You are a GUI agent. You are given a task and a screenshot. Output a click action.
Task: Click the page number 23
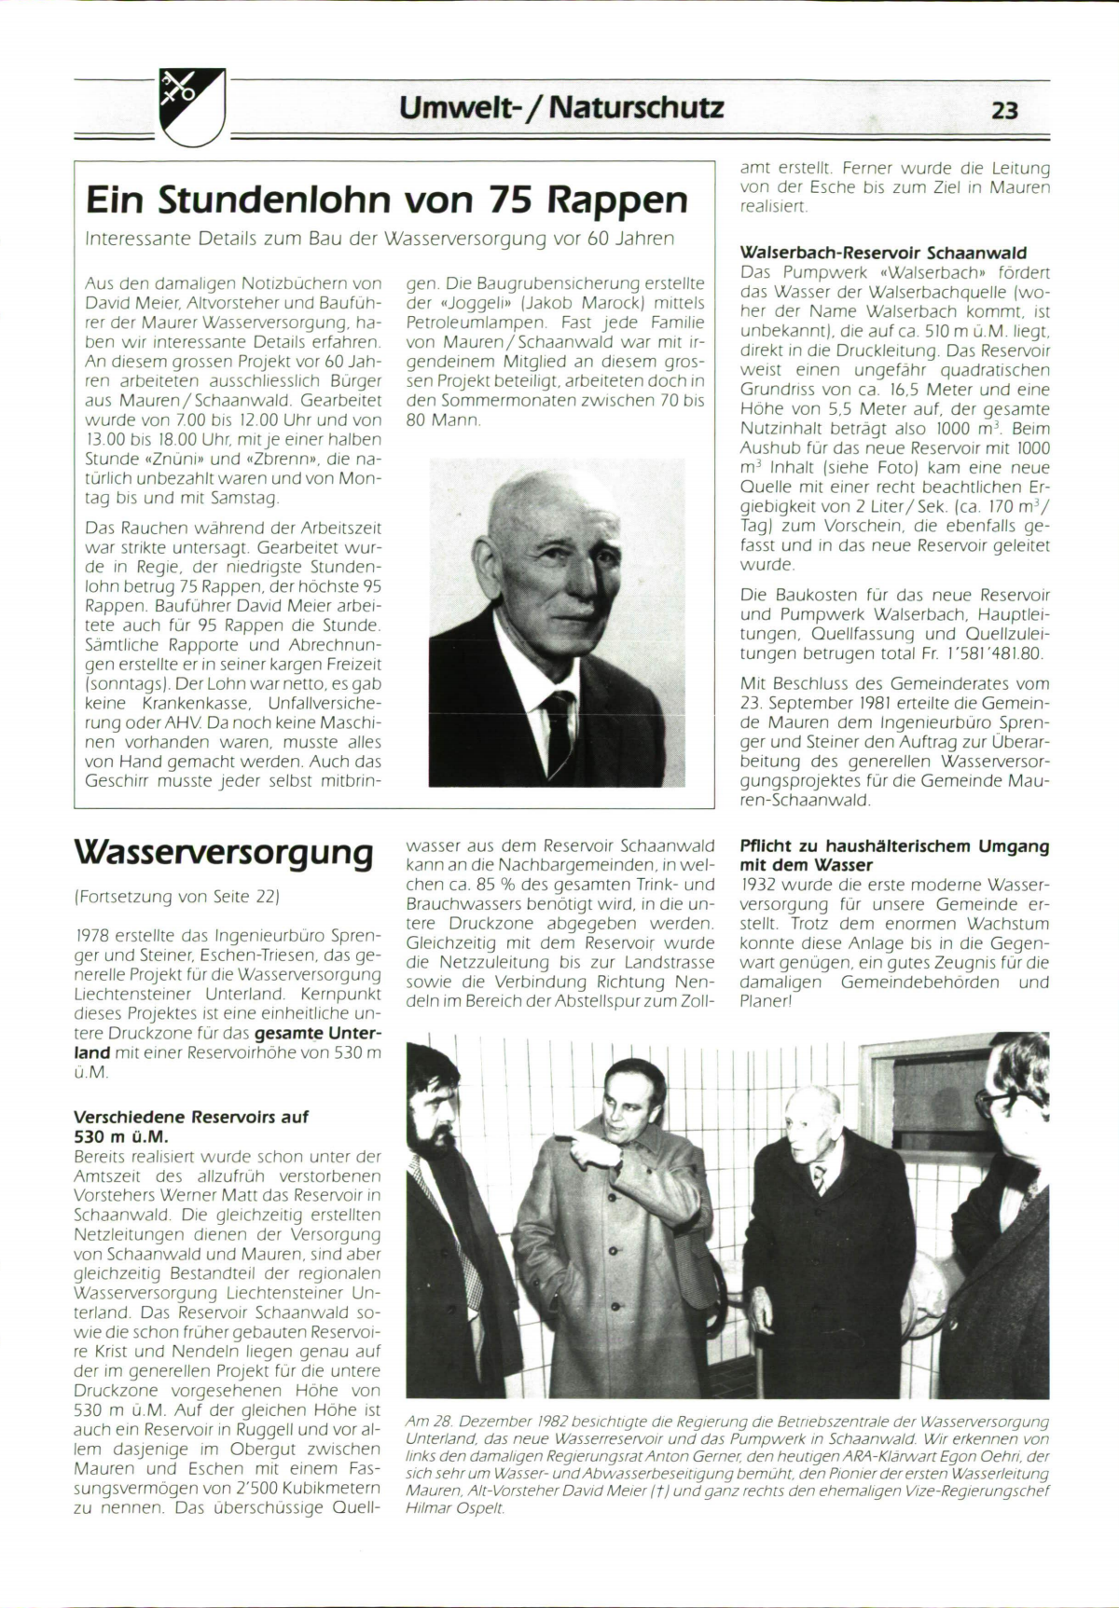coord(1004,111)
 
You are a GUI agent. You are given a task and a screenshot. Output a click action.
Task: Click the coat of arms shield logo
coord(193,104)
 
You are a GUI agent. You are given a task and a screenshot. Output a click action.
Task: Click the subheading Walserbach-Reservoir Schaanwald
coord(883,253)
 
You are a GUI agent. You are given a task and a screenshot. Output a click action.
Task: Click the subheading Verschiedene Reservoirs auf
coord(191,1116)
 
